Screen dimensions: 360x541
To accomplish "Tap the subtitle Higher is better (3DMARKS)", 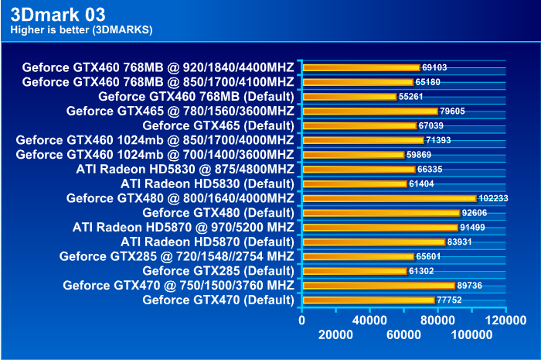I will pos(81,30).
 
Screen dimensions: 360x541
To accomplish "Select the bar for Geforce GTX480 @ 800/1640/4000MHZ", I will pos(389,198).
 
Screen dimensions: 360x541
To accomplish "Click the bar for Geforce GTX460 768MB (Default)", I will pos(349,97).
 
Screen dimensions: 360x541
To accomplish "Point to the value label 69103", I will pos(437,68).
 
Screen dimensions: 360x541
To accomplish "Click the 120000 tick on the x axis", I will pos(506,318).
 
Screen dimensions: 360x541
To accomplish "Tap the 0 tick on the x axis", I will pos(301,318).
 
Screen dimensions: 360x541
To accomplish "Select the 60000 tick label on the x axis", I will pos(403,334).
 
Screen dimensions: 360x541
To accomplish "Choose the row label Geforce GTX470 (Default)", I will pos(218,300).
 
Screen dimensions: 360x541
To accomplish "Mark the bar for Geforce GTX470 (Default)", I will pos(368,300).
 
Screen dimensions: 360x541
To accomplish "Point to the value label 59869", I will pos(421,155).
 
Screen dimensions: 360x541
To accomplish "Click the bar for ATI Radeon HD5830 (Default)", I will pos(354,183).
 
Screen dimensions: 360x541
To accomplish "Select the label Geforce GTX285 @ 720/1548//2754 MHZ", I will pos(176,256).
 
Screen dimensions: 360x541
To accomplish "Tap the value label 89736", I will pos(472,286).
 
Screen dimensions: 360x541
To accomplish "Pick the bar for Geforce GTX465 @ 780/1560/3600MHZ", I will pos(369,111).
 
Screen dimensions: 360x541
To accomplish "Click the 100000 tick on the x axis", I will pos(471,334).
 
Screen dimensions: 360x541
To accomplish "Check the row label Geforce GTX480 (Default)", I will pos(218,212).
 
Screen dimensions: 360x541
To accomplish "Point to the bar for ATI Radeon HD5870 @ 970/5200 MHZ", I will pos(379,228).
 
